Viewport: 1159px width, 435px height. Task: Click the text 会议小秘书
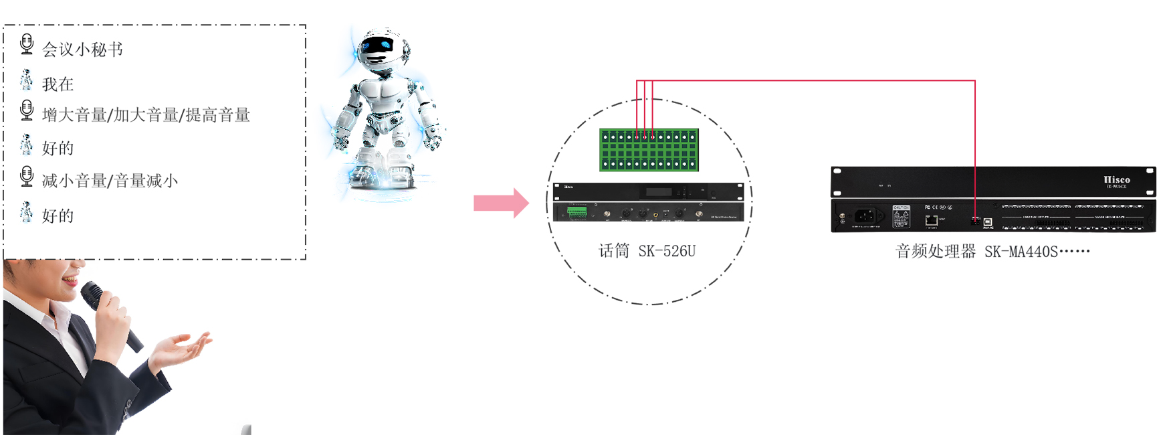82,50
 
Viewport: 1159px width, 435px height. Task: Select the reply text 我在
58,84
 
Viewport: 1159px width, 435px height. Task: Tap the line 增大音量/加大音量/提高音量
146,115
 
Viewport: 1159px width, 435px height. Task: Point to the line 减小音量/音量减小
110,181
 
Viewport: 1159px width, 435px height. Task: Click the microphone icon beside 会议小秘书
27,44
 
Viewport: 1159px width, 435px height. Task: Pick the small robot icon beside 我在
26,80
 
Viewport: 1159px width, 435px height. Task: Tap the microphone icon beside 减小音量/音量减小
27,177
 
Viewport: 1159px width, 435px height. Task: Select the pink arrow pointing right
501,203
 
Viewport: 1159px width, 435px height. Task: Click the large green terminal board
649,150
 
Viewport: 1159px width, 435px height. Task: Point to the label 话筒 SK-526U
647,251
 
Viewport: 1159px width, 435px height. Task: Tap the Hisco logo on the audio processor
1116,180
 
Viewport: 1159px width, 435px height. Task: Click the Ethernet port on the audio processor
931,220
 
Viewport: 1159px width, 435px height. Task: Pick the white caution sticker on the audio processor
901,215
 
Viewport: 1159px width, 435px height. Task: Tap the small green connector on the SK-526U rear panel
577,212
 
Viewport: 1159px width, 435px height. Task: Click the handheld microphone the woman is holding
110,315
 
